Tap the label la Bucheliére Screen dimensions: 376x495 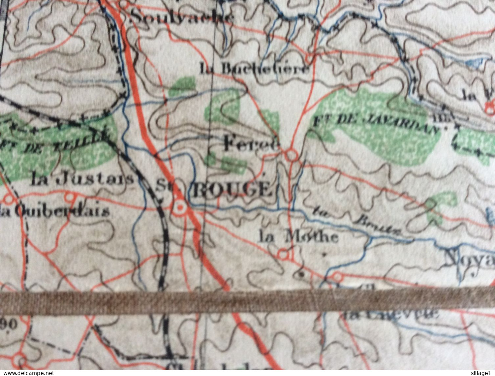(x=255, y=69)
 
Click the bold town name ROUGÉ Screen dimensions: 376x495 (x=232, y=190)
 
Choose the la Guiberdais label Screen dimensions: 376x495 (x=55, y=211)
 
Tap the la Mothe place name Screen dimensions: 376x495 (x=299, y=237)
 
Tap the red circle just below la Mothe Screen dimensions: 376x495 (x=283, y=255)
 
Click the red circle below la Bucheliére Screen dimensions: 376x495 (x=309, y=59)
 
